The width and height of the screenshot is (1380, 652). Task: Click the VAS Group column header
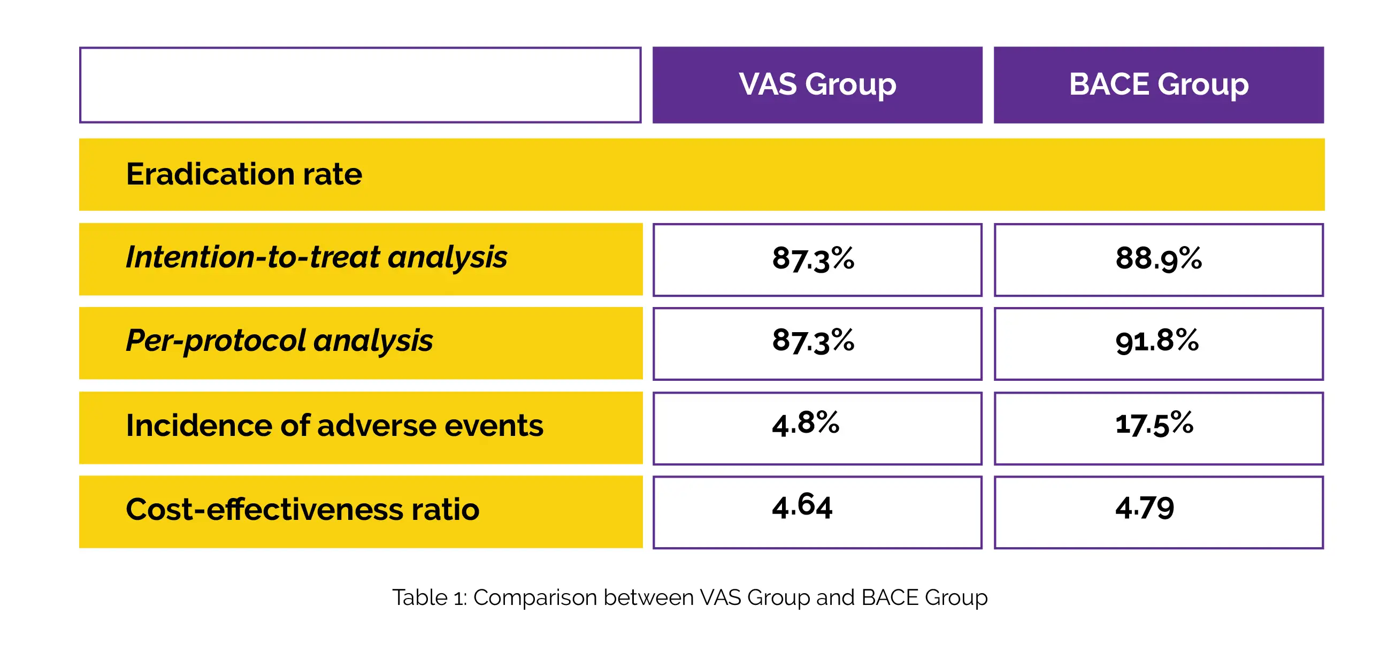tap(817, 85)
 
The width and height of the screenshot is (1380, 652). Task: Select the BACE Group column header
tap(1158, 85)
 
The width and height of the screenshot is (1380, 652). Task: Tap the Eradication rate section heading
tap(244, 174)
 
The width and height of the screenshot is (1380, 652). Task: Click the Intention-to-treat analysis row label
tap(316, 257)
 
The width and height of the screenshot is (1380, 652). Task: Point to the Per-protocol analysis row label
tap(279, 341)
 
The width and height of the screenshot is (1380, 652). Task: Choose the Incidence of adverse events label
tap(334, 425)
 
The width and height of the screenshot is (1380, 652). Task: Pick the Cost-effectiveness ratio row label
tap(302, 509)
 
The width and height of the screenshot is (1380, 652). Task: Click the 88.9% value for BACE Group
tap(1158, 258)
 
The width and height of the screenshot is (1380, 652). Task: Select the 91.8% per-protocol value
tap(1157, 341)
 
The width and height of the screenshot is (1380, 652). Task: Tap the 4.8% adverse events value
tap(806, 424)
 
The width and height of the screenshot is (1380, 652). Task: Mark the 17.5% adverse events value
tap(1154, 424)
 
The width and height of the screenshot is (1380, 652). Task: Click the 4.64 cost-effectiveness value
tap(802, 507)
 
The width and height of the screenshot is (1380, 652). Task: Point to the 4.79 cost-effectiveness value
tap(1145, 508)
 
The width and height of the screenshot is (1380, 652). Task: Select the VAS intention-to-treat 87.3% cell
tap(813, 258)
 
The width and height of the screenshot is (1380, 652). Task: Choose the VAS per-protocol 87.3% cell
tap(813, 341)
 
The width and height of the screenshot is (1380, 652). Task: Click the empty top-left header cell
tap(360, 85)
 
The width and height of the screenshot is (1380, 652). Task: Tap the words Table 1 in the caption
tap(429, 597)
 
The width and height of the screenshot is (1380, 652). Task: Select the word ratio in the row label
tap(445, 509)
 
